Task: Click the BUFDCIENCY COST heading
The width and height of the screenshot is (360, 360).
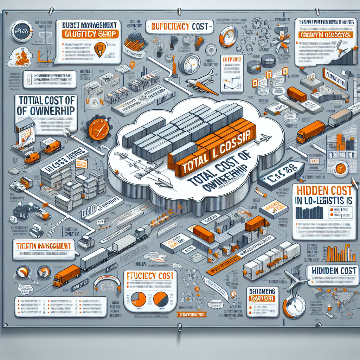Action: [179, 26]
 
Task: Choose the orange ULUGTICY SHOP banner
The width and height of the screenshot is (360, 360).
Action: [90, 34]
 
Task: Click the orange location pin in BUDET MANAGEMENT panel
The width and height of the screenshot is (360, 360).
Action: [101, 48]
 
